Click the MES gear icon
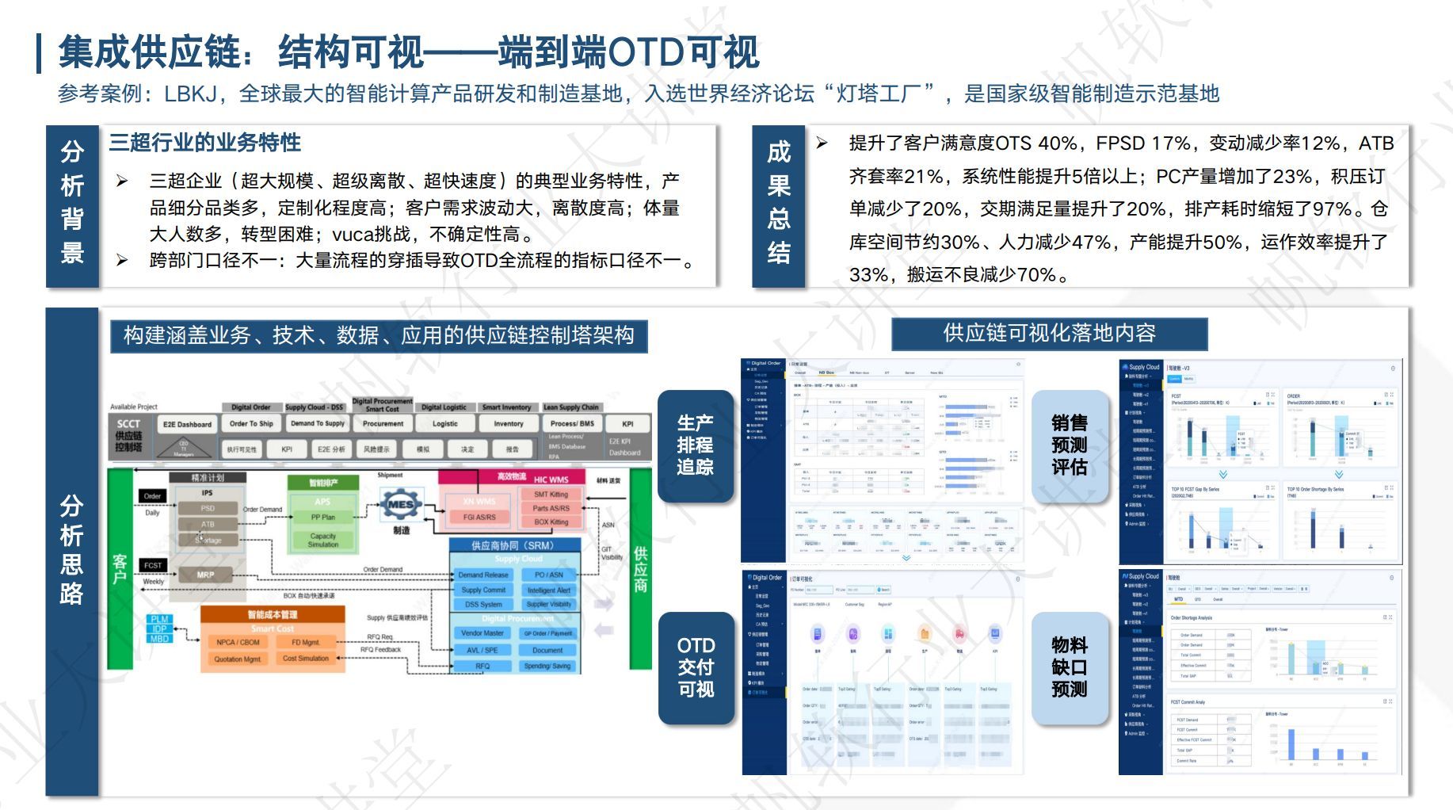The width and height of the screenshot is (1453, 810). [x=400, y=504]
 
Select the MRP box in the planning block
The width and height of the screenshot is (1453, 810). [x=205, y=575]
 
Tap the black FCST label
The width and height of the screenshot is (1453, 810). [x=153, y=565]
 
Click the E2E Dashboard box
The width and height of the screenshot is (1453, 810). [x=187, y=424]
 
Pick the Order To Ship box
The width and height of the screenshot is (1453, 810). [x=251, y=423]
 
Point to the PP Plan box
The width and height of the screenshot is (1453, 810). [x=322, y=517]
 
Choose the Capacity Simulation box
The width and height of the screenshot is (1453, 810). [x=322, y=540]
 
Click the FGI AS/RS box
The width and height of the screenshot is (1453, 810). [x=479, y=517]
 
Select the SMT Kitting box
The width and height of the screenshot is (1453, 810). [x=551, y=494]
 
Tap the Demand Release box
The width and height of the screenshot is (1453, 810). [x=483, y=575]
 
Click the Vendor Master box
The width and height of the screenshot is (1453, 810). [x=482, y=633]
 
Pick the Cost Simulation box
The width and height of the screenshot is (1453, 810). [x=306, y=659]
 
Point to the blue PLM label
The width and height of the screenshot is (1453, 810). [x=159, y=619]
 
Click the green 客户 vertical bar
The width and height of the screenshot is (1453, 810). [x=120, y=568]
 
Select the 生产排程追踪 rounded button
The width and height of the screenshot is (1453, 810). [x=695, y=445]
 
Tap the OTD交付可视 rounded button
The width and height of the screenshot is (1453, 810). [x=696, y=667]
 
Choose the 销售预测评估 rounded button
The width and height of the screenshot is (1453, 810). [x=1069, y=445]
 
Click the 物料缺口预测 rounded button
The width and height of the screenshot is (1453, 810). [x=1069, y=667]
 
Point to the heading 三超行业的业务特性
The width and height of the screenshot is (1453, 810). [x=204, y=143]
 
